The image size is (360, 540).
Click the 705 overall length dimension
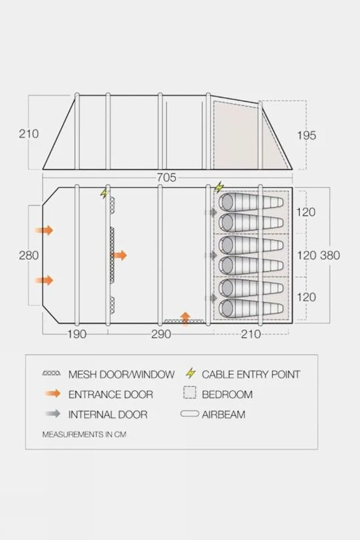167,177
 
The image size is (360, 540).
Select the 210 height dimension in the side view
29,134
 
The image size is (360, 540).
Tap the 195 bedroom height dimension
306,135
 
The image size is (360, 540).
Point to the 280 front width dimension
29,255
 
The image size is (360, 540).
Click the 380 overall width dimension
329,255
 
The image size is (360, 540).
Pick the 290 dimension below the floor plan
160,334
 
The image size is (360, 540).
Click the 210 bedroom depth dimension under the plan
250,334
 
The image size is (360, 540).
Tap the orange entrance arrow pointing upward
185,319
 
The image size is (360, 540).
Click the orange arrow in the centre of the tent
120,255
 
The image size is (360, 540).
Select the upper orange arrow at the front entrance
45,230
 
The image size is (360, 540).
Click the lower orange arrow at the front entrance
45,280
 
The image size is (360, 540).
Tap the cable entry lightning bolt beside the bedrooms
219,187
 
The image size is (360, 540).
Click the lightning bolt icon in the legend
190,374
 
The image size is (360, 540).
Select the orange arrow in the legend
52,394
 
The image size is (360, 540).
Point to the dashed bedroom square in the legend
190,394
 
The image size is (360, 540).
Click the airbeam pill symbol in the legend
190,414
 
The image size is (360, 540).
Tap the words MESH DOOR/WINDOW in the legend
122,374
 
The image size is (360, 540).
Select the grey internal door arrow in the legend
52,414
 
